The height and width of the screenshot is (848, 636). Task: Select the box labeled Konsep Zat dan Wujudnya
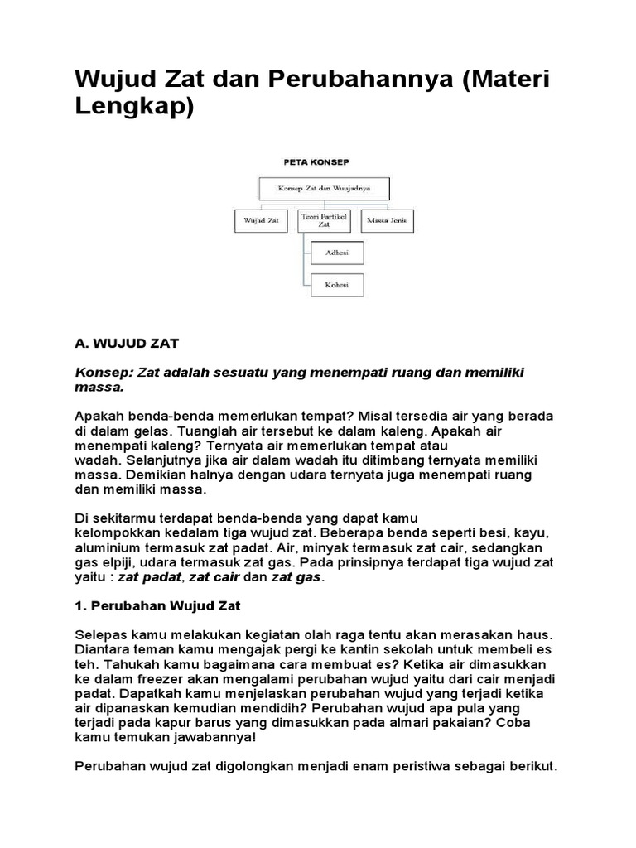[325, 189]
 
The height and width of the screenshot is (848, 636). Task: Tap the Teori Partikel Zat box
[325, 220]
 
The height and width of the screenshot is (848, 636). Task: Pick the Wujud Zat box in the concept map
[260, 221]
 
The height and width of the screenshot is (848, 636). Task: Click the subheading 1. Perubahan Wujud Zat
[157, 606]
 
